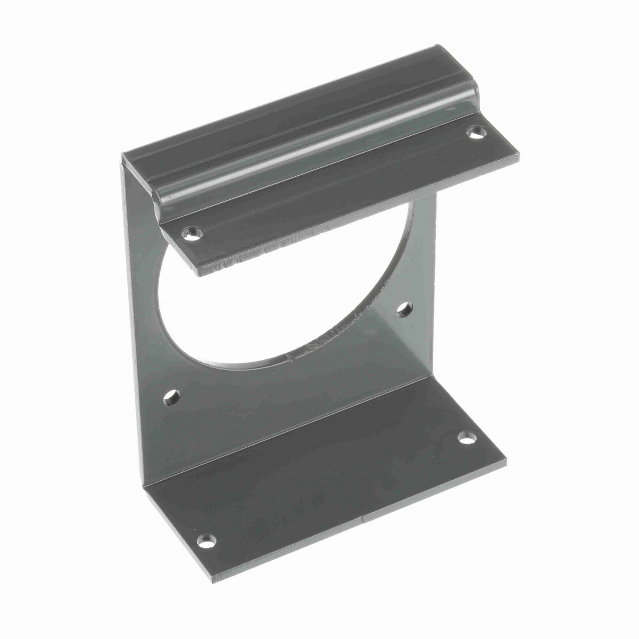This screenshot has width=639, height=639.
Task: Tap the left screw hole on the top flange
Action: pyautogui.click(x=191, y=232)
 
